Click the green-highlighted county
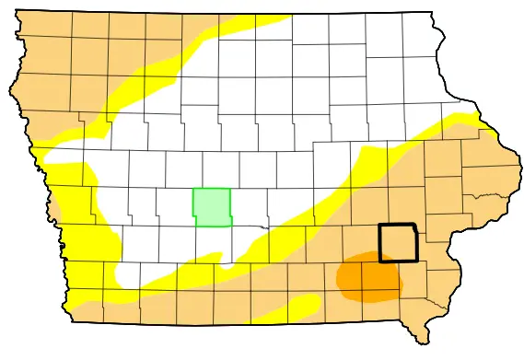coord(211,206)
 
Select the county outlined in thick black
coord(397,243)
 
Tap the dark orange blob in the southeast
coord(368,282)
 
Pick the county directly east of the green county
coord(246,206)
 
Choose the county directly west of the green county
coord(175,206)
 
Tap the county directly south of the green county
coord(211,242)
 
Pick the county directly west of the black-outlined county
coord(361,243)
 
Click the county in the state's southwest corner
coord(87,309)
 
